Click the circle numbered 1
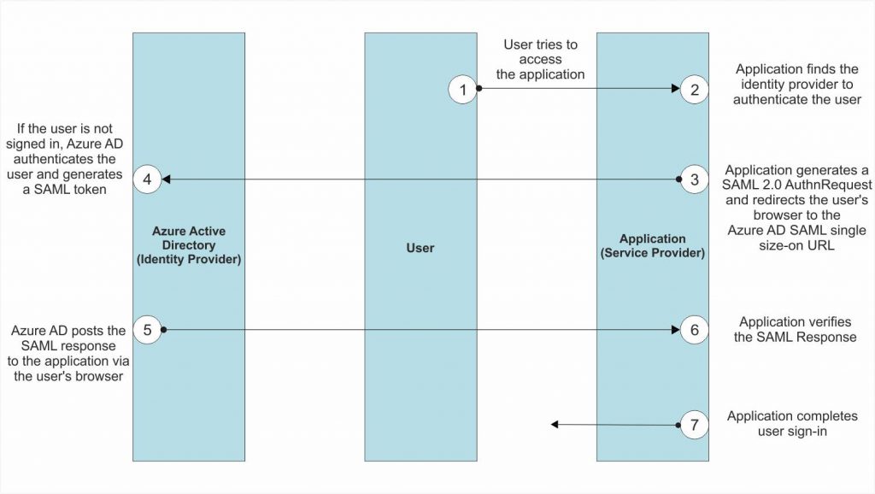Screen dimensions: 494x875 click(462, 89)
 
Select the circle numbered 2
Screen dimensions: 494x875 click(695, 89)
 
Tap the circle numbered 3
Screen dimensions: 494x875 click(695, 179)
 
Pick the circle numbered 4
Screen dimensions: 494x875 click(147, 179)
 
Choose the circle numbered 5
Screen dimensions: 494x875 click(147, 329)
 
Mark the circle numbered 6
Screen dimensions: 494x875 click(695, 329)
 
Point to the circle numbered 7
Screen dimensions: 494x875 click(695, 425)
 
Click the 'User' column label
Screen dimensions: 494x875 click(420, 248)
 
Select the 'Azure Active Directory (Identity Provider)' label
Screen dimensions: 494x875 click(189, 245)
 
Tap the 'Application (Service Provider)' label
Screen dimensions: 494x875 click(652, 246)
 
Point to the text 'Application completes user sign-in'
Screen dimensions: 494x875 click(792, 424)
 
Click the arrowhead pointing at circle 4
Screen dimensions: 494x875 click(167, 179)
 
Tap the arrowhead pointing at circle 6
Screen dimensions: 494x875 click(675, 329)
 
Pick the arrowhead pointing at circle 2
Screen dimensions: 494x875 click(675, 89)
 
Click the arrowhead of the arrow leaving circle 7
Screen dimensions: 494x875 click(555, 425)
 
